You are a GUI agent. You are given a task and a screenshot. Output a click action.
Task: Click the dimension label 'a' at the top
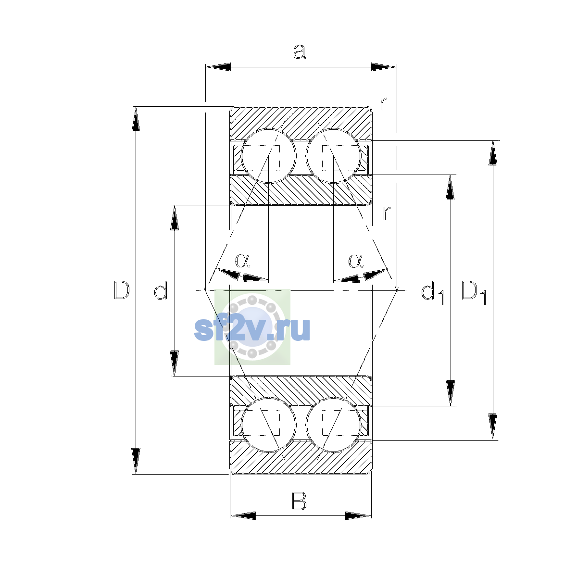point(299,51)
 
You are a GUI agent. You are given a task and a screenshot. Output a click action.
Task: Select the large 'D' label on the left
point(122,290)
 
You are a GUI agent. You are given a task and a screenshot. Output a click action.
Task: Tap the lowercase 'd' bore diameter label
point(161,290)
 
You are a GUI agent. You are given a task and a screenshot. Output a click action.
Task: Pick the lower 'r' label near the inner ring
point(387,213)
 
